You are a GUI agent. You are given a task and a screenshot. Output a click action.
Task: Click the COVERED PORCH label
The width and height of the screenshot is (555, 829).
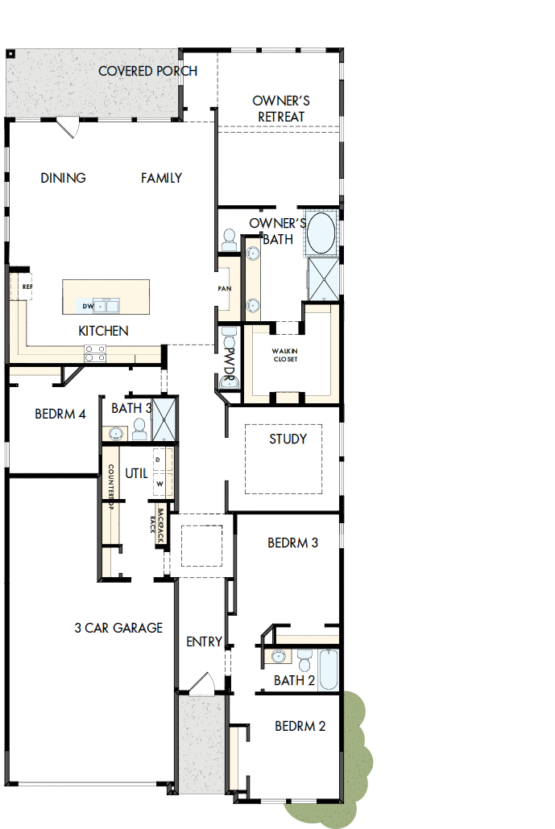click(x=147, y=71)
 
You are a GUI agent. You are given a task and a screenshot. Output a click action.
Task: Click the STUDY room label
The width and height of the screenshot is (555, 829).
click(x=288, y=439)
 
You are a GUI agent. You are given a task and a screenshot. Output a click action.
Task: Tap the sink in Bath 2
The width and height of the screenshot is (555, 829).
click(x=279, y=656)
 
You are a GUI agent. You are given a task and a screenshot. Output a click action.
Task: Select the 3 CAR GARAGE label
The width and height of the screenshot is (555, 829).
click(x=118, y=628)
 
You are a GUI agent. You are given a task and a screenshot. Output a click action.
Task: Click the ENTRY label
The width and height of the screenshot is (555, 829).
click(x=204, y=641)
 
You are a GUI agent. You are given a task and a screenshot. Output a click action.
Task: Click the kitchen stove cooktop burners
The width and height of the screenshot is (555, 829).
click(x=95, y=353)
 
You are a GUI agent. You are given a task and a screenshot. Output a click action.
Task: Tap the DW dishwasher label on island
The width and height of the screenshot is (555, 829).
click(x=87, y=307)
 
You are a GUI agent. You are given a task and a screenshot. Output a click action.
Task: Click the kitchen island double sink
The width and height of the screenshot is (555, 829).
click(x=106, y=306)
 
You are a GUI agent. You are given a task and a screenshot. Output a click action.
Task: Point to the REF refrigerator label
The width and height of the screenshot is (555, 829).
click(x=27, y=287)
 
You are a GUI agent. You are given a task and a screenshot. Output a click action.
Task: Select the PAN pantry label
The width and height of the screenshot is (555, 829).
click(x=225, y=288)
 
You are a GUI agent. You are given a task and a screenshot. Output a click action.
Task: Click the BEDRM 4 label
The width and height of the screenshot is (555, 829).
click(x=60, y=414)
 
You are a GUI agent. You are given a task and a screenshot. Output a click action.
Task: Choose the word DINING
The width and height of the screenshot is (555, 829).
click(x=63, y=178)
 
